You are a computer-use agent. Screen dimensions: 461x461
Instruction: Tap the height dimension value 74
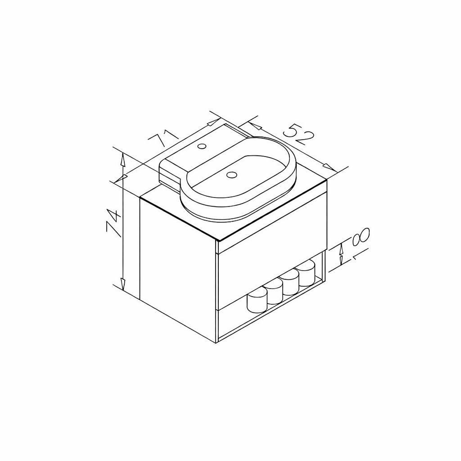click(x=113, y=222)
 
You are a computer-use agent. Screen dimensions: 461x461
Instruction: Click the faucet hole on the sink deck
click(x=202, y=146)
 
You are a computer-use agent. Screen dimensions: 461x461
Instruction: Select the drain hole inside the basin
click(x=232, y=174)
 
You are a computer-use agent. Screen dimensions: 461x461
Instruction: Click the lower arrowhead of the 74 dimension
click(x=122, y=283)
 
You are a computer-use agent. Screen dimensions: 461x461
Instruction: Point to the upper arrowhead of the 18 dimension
click(x=341, y=248)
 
